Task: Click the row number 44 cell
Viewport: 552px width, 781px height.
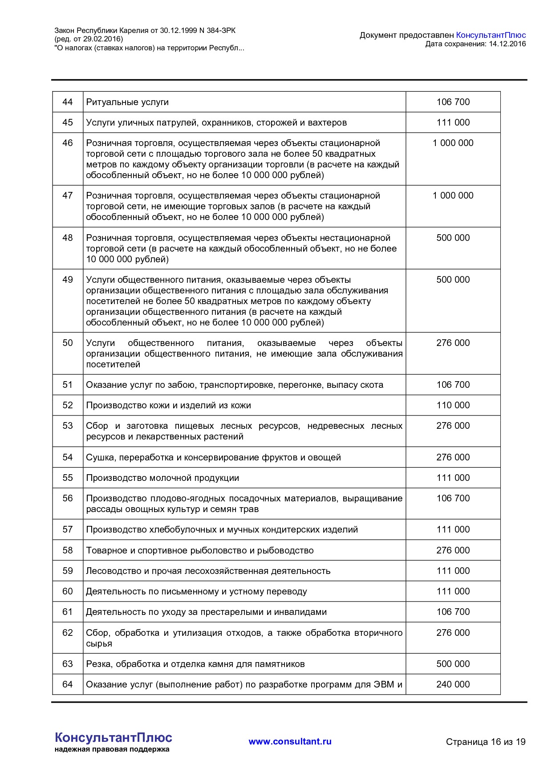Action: [x=67, y=102]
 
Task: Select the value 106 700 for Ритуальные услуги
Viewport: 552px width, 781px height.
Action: [x=453, y=102]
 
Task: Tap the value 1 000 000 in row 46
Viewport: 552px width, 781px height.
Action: [x=453, y=143]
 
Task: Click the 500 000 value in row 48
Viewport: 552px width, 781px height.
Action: [x=453, y=238]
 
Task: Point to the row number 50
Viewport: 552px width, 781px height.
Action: [x=67, y=343]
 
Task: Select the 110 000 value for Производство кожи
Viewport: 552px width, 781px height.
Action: [x=453, y=405]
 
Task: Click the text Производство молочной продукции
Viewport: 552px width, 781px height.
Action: [x=162, y=478]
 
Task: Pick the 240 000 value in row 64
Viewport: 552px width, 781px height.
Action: [x=453, y=684]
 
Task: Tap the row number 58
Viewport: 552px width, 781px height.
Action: [x=67, y=550]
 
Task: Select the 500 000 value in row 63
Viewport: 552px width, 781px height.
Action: [x=453, y=664]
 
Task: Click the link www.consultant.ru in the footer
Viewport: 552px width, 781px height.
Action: [x=290, y=741]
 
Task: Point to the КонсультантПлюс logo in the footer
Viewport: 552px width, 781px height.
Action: [x=113, y=737]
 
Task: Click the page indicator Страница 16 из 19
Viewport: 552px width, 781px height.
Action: [x=486, y=742]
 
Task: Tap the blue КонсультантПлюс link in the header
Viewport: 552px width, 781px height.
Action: [x=491, y=35]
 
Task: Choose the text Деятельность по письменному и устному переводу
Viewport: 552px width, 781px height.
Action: [x=196, y=591]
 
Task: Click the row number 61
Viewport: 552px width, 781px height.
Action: [x=67, y=612]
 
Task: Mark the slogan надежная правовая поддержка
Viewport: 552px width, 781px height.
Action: [x=112, y=749]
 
